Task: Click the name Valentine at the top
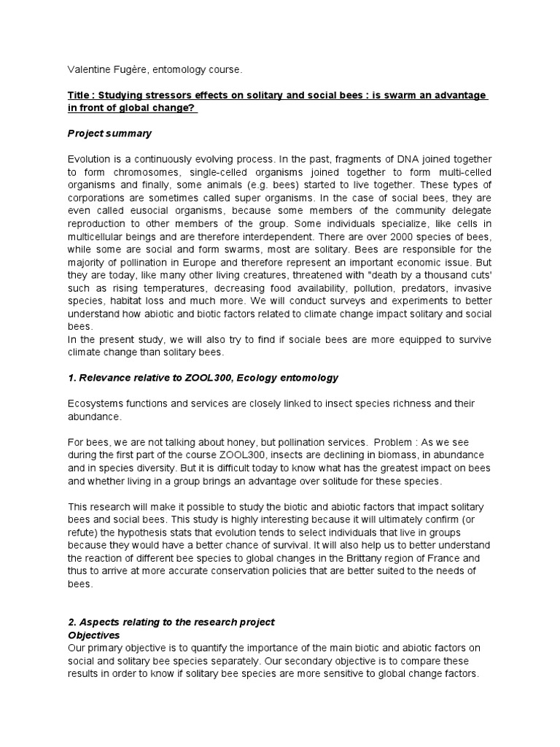88,69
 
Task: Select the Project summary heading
109,133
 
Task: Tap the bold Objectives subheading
93,635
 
